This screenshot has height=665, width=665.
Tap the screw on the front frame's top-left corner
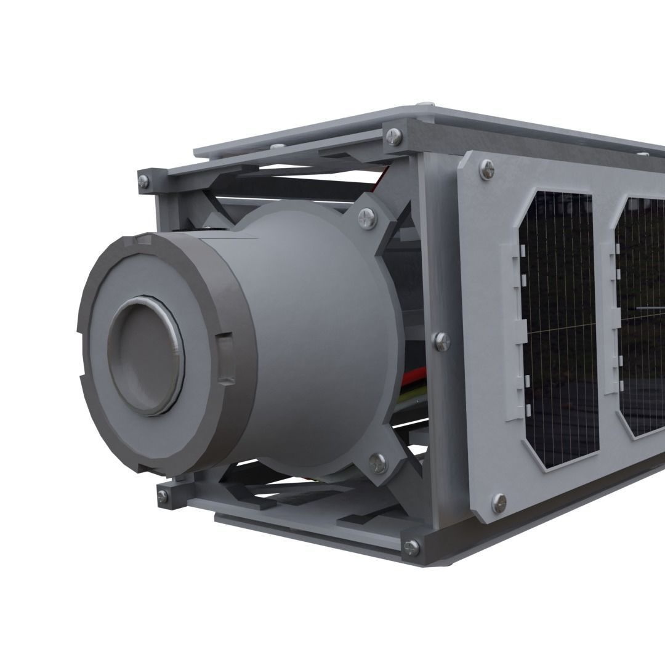[x=143, y=181]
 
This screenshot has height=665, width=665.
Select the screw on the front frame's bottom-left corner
[x=163, y=496]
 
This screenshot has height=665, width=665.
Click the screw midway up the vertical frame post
[x=441, y=341]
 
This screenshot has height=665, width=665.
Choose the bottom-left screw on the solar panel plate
[x=498, y=503]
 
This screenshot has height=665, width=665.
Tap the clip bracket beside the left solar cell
[x=516, y=332]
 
